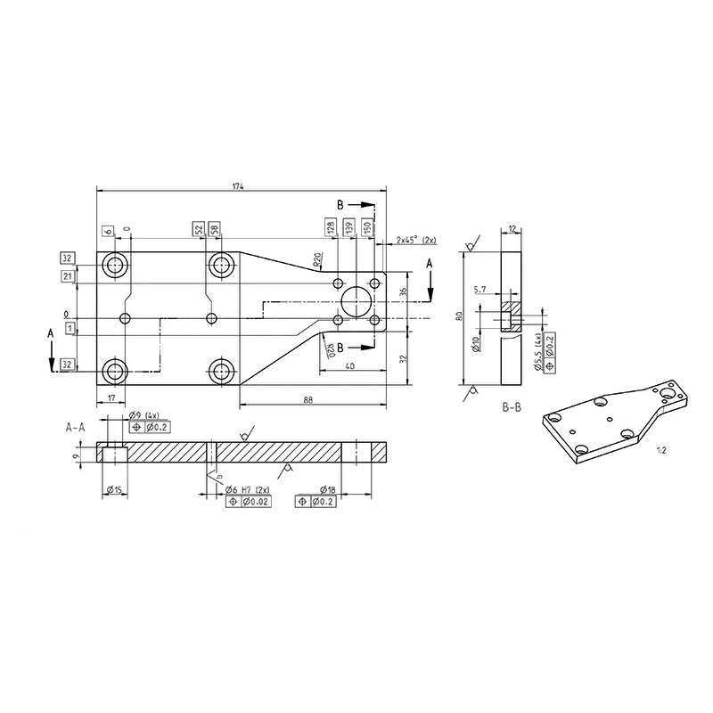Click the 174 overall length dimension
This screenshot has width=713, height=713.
(237, 186)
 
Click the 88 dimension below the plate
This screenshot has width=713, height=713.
(307, 400)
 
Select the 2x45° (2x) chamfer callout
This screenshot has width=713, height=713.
(416, 241)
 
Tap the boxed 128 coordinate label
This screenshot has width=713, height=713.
(332, 229)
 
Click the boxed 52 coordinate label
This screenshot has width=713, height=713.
(199, 230)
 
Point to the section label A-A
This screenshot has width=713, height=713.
(77, 428)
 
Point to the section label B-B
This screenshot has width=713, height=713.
(511, 406)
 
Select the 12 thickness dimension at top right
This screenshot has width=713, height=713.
(512, 229)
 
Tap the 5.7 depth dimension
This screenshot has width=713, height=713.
(480, 291)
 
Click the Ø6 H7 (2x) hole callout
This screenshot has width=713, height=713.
(243, 490)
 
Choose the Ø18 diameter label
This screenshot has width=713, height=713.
(326, 490)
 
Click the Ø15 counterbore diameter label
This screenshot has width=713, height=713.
(113, 490)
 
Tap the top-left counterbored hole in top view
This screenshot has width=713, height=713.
(114, 265)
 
